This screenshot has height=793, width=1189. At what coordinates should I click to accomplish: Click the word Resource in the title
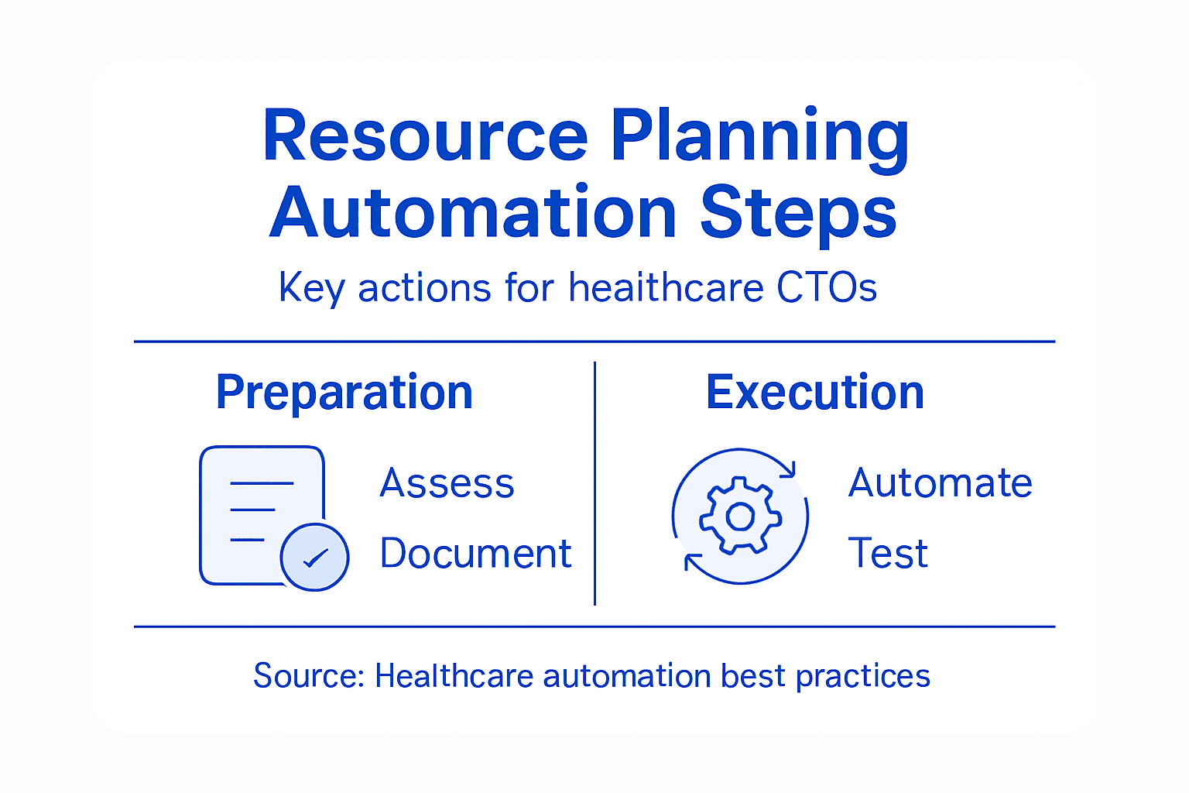(x=425, y=136)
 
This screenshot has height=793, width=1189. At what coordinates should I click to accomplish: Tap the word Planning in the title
(x=759, y=136)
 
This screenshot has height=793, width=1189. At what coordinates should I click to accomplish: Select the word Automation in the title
(x=473, y=213)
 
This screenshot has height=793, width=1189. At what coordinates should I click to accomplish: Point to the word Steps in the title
(x=798, y=213)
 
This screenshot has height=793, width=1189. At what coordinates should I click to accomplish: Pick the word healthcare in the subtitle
(x=666, y=288)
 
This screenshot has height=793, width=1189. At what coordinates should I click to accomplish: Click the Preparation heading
(x=344, y=393)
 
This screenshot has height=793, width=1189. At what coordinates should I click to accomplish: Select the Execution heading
(x=815, y=393)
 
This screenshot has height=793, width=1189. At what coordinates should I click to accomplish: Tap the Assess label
(x=447, y=483)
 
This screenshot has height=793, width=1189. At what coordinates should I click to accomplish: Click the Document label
(x=475, y=554)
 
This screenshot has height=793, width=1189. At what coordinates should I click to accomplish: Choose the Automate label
(x=940, y=483)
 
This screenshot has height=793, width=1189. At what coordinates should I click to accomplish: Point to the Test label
(x=888, y=554)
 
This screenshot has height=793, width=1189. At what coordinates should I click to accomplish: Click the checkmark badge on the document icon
(x=314, y=557)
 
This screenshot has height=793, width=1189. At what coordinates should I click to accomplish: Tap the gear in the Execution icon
(x=740, y=516)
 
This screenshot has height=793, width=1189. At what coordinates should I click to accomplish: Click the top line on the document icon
(x=262, y=483)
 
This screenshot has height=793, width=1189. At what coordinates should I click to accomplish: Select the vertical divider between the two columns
(x=594, y=483)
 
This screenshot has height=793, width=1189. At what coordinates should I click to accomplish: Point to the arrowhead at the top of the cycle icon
(x=788, y=469)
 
